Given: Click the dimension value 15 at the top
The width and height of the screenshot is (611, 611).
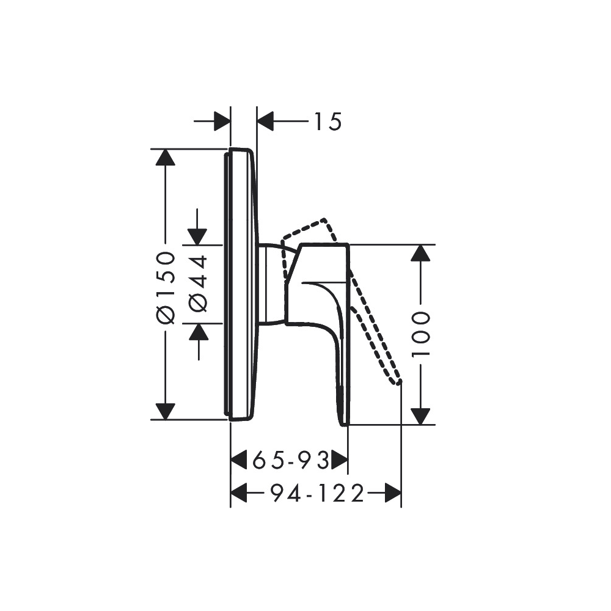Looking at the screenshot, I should coord(327,122).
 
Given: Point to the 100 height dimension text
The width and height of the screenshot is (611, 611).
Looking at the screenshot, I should coord(420,334).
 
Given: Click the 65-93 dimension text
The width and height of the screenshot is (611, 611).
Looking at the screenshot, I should coord(291,459).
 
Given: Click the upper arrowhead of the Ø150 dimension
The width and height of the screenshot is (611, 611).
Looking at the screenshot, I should coord(165,157).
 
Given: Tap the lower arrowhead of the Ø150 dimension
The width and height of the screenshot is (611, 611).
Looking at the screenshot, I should coord(165,411).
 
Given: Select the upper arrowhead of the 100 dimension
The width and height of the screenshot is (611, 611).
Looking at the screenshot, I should coord(419,252).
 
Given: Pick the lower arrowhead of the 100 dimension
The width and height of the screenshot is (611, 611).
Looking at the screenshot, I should coord(419,416).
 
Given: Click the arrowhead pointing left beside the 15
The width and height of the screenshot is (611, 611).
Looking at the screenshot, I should coord(266,122).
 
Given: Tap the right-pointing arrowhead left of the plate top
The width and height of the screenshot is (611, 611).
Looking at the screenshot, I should coord(222,122).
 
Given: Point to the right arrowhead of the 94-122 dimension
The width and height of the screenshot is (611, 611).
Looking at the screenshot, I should coord(393,492).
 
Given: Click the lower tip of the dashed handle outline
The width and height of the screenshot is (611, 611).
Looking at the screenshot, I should coord(399,382).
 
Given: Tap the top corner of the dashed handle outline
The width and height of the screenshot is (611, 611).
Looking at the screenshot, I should coord(325,219).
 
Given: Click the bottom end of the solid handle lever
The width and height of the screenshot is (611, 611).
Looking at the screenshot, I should coord(343,422).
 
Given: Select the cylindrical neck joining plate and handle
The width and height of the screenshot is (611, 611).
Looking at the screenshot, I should coord(271,284).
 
